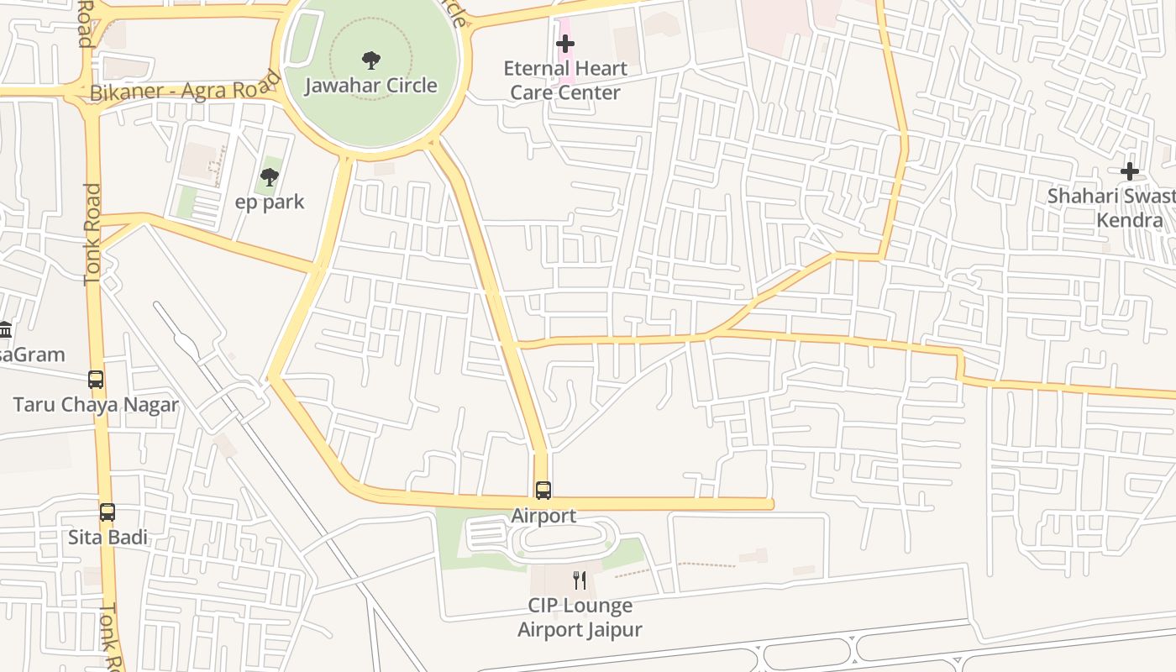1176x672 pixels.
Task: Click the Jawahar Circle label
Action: (370, 86)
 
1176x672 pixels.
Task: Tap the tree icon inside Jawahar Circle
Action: (370, 60)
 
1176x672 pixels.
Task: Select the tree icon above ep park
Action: (270, 176)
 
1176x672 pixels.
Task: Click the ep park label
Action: (270, 202)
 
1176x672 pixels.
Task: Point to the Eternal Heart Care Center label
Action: (565, 80)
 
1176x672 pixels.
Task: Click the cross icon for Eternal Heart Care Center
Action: (565, 44)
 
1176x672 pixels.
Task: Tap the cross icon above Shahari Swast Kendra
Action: (1130, 171)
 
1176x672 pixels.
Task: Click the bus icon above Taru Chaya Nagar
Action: (96, 380)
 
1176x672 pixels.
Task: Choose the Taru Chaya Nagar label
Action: (96, 405)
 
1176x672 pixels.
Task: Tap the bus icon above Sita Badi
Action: (108, 512)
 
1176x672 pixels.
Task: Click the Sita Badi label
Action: (108, 537)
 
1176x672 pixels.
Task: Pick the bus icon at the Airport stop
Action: (543, 490)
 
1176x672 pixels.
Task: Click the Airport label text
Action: (543, 516)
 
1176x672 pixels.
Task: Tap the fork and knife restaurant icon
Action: (580, 580)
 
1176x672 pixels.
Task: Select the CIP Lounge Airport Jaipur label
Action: (580, 617)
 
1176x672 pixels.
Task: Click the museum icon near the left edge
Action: (5, 329)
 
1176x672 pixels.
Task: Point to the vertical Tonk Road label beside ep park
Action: (92, 235)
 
